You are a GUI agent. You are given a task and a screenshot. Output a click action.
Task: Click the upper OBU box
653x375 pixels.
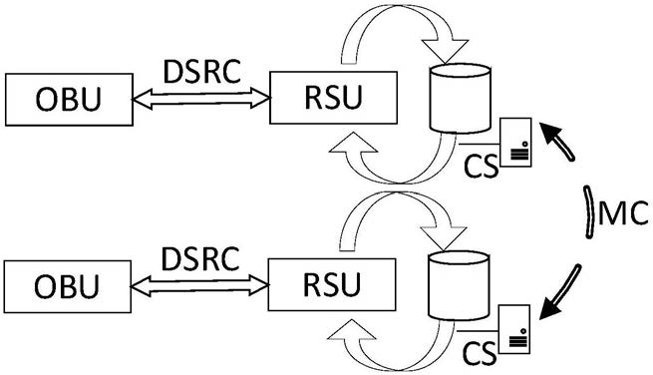click(x=69, y=100)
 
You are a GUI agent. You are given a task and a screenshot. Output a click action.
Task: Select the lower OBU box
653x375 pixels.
click(x=68, y=286)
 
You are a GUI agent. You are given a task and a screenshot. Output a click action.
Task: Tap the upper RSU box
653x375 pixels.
click(x=334, y=98)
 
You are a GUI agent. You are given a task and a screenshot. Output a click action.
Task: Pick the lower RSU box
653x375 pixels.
click(x=332, y=284)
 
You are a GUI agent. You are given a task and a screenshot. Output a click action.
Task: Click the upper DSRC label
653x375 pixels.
click(x=202, y=72)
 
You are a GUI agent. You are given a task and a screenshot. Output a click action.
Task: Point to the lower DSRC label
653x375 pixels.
click(x=200, y=258)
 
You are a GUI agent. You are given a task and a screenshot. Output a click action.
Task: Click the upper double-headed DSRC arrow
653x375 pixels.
click(x=201, y=99)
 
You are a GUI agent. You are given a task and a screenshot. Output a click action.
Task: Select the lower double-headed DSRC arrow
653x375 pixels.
click(x=200, y=285)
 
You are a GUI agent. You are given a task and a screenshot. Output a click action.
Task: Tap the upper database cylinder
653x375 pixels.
click(x=461, y=99)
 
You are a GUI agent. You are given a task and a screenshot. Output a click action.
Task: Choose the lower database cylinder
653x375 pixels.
click(x=459, y=286)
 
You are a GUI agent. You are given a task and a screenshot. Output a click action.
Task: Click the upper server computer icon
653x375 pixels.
click(x=515, y=143)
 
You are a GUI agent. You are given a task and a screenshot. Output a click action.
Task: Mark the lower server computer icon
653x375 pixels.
click(x=514, y=329)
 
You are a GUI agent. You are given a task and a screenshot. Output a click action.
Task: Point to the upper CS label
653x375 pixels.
click(x=481, y=166)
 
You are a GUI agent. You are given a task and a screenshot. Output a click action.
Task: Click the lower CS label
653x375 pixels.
click(x=480, y=353)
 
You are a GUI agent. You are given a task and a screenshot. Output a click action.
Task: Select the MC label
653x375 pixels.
click(x=623, y=212)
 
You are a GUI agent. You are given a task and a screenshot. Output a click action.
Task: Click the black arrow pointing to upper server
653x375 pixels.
click(x=558, y=140)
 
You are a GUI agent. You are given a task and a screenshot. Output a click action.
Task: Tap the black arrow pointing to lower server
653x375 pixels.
click(x=560, y=291)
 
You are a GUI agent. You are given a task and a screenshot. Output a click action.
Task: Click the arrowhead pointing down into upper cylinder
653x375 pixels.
click(x=446, y=51)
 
